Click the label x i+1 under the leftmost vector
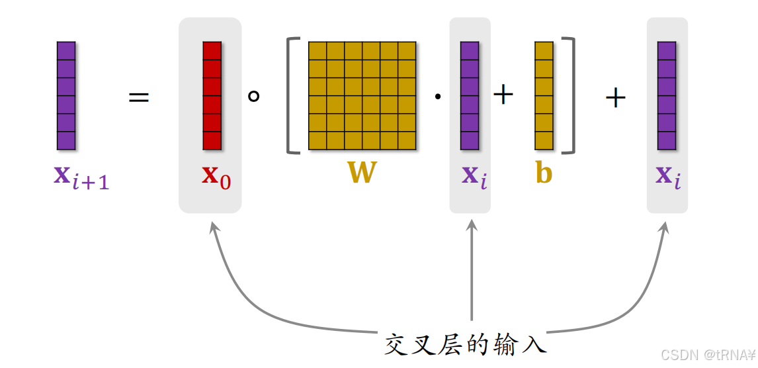pos(81,177)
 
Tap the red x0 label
pos(216,176)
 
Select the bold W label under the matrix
pos(362,173)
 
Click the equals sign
pos(139,99)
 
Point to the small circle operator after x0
pos(253,97)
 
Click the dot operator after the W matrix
pos(437,97)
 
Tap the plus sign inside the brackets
pos(503,95)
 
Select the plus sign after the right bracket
pos(615,99)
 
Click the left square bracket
pos(292,95)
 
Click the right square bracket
pos(568,95)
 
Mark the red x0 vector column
pos(212,95)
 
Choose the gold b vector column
pos(544,95)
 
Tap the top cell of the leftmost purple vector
pos(66,50)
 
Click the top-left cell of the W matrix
pos(317,50)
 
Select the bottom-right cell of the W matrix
pos(407,140)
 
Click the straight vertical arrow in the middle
pos(472,271)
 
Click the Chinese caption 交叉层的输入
pos(466,344)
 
